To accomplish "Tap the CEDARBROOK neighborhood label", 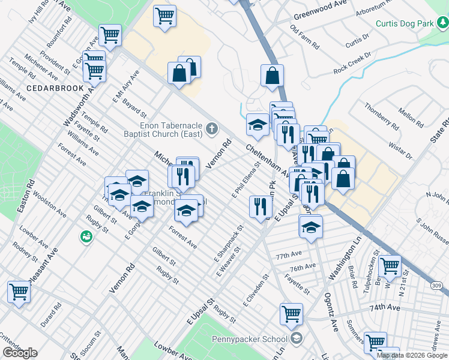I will [50, 88].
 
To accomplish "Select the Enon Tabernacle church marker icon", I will [211, 128].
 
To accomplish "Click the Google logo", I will [20, 353].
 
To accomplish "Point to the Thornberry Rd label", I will [381, 116].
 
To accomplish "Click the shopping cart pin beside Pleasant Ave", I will [19, 292].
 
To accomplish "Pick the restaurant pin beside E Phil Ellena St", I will [261, 206].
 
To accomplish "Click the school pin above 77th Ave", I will [310, 227].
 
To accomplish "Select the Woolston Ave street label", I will [50, 205].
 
